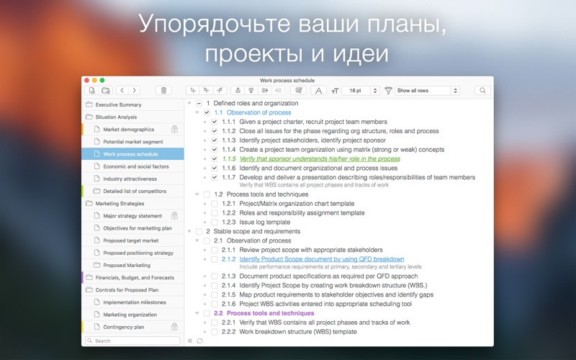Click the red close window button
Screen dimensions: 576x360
tap(86, 80)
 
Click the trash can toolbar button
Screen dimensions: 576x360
tap(163, 91)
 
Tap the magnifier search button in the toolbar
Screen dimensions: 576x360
tap(482, 91)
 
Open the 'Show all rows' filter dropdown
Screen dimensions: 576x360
tap(427, 91)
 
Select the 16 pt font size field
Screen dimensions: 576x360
tap(356, 91)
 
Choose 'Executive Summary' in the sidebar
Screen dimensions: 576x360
tap(118, 104)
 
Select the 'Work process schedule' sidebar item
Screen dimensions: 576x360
tap(130, 154)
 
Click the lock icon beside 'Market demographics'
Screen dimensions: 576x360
tap(174, 129)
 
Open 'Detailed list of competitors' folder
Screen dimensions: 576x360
tap(135, 191)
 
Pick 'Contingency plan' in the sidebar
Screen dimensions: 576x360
tap(123, 327)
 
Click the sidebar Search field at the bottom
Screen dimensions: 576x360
tap(132, 341)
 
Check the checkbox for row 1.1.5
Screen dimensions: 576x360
tap(215, 158)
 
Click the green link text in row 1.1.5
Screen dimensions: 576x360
tap(320, 158)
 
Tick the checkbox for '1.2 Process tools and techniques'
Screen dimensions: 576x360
tap(207, 194)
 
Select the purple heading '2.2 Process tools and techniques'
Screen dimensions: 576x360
tap(264, 313)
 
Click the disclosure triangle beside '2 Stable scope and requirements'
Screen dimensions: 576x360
tap(189, 231)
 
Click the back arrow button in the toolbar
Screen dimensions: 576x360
tap(122, 91)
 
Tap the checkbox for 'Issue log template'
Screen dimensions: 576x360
tap(215, 222)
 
